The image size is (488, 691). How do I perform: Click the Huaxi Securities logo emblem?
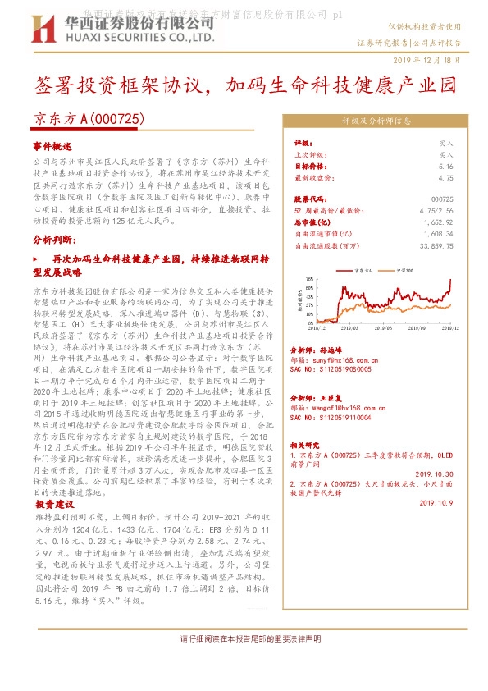(47, 30)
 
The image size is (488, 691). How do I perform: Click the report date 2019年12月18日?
(433, 61)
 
